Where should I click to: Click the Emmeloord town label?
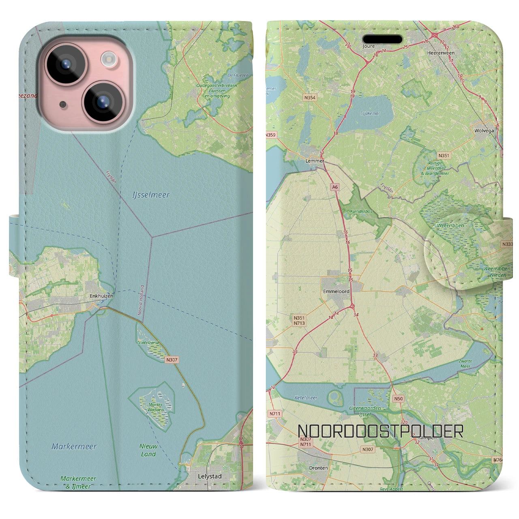(336, 291)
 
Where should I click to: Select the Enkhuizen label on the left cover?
(101, 296)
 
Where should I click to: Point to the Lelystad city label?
(210, 476)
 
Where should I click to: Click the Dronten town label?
(318, 468)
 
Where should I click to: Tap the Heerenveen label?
(441, 53)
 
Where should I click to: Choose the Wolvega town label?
(484, 131)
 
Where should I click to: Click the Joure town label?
(368, 46)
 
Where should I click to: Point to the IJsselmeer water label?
(151, 195)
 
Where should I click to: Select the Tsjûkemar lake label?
(370, 114)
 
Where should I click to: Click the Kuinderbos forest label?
(356, 212)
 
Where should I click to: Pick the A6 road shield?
(335, 187)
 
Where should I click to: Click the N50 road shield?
(398, 399)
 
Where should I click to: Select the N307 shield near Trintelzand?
(172, 360)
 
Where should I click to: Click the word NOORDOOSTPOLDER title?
(380, 431)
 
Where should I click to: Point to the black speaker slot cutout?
(382, 39)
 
